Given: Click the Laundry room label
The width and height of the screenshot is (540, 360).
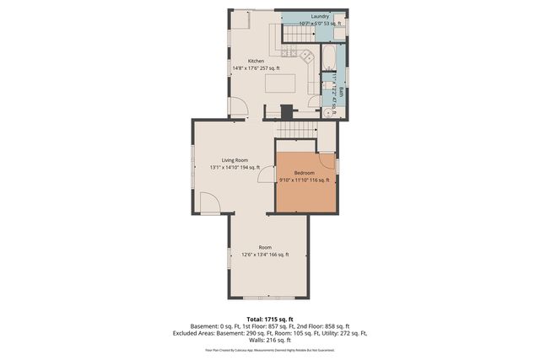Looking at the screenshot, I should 320,16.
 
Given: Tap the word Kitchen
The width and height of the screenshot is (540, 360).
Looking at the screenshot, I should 256,61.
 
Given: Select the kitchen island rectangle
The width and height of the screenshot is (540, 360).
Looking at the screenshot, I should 281,83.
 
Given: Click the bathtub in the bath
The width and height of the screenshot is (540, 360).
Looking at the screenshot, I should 327,59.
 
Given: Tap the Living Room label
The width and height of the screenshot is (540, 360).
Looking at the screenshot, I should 235,159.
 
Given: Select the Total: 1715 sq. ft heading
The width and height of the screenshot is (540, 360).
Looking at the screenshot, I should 269,319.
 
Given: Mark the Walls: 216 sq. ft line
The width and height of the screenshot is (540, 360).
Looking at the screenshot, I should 269,339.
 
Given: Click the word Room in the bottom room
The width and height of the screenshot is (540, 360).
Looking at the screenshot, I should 265,247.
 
